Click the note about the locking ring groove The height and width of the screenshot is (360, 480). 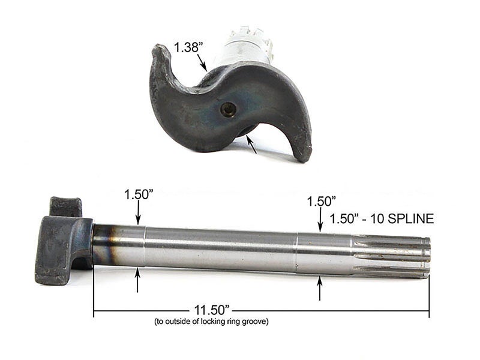coord(211,322)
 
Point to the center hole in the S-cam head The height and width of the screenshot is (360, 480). coord(229,109)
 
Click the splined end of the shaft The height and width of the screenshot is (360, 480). coord(393,257)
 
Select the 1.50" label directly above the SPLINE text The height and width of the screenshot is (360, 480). coord(320,201)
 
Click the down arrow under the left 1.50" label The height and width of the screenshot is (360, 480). coord(138,214)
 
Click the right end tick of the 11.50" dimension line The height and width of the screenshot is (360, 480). coord(429,313)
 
